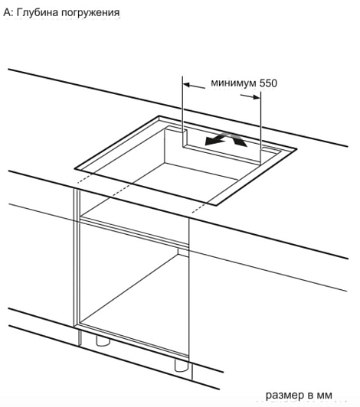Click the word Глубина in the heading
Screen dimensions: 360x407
37,13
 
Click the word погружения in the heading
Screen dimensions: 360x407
90,13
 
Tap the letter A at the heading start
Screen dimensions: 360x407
8,12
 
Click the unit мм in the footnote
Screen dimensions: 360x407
325,396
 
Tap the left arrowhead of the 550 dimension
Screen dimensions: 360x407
187,85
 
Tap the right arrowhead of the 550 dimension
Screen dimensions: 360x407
257,97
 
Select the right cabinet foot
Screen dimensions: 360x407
182,365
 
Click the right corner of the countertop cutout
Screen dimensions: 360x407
296,148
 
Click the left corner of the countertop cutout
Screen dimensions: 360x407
75,169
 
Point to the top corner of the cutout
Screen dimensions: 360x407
159,116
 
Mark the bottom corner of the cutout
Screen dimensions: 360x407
215,205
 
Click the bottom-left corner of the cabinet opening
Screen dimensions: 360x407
80,324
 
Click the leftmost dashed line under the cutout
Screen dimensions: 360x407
86,178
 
